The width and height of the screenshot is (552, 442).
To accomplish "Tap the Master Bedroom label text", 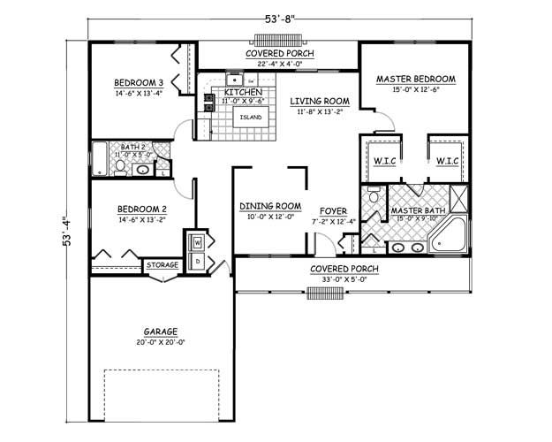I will click(415, 80).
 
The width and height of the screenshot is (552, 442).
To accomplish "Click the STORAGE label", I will click(163, 265).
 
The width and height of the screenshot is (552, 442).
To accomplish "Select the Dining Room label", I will click(270, 207).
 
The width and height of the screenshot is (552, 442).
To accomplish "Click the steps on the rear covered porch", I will click(277, 40).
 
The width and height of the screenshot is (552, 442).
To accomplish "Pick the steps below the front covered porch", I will click(324, 293).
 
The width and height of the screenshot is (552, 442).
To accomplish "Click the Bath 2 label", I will click(132, 147).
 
